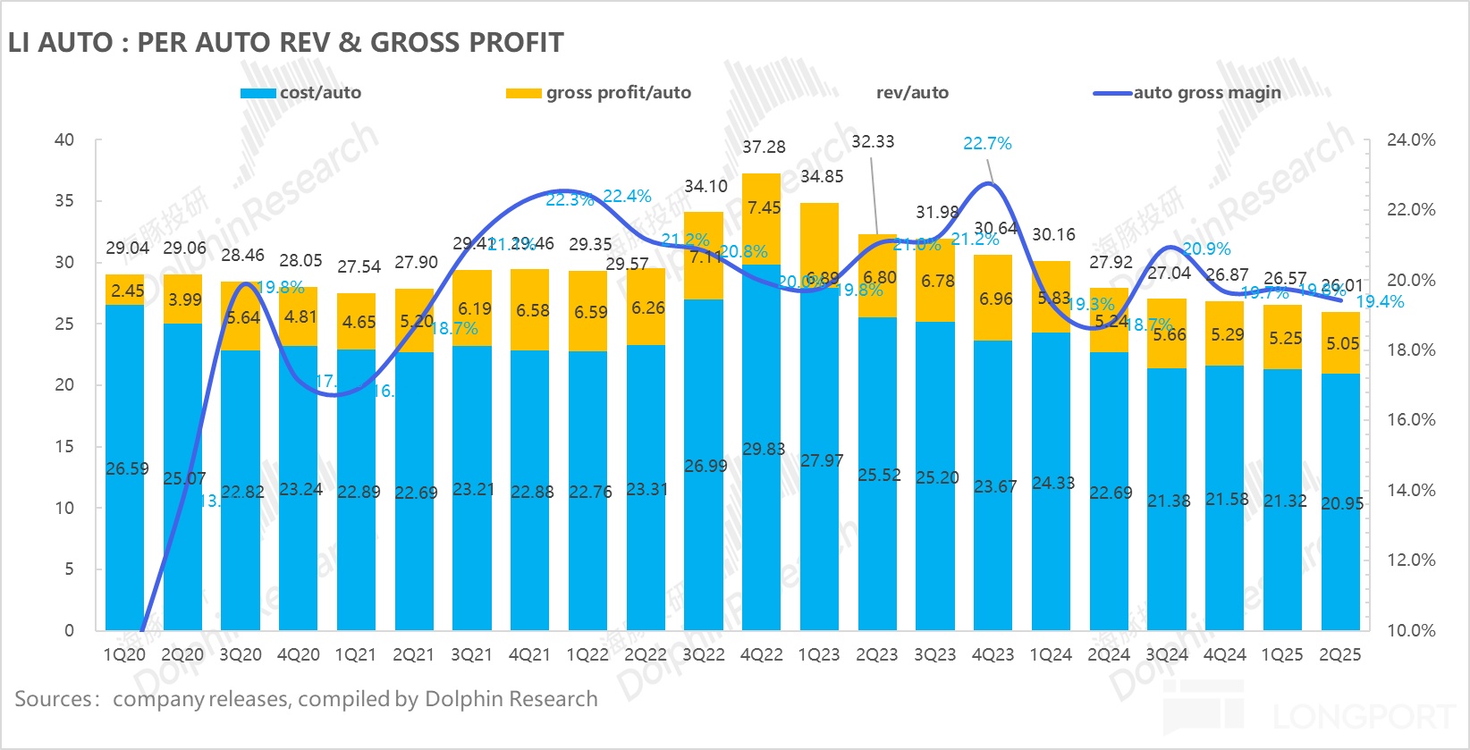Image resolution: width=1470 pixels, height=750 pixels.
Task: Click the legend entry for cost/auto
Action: (x=319, y=93)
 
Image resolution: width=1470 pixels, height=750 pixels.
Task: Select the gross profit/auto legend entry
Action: (x=618, y=93)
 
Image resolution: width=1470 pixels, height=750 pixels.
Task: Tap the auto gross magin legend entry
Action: (x=1206, y=93)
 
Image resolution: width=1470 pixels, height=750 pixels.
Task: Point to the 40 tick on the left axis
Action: (x=64, y=140)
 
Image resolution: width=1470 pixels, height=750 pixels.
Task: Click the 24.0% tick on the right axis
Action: (x=1410, y=140)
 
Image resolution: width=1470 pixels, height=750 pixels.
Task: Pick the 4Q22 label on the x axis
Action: (x=762, y=654)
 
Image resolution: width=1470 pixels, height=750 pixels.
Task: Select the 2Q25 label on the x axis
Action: (x=1339, y=654)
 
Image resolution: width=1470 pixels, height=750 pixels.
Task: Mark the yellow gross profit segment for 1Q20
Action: (x=125, y=291)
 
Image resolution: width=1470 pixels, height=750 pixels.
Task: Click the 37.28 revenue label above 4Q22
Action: (x=764, y=147)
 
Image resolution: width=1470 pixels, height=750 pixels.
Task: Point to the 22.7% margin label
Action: (x=987, y=144)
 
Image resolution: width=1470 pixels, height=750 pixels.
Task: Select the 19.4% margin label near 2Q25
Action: (x=1379, y=302)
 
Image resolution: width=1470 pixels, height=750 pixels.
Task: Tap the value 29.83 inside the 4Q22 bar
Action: (x=764, y=449)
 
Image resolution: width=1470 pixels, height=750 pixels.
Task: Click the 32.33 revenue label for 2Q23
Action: (x=873, y=142)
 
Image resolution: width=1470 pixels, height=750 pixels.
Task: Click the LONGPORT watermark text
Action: (x=1363, y=716)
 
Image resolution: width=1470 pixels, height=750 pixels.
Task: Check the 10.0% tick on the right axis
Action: (x=1410, y=631)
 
